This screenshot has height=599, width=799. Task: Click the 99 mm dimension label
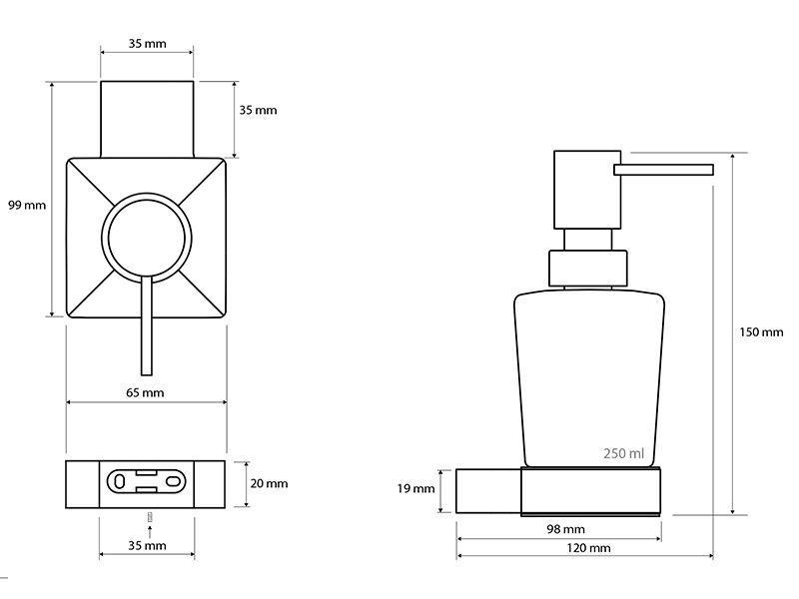[27, 206]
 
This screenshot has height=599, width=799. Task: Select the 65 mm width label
[145, 392]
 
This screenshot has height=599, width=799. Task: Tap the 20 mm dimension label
[269, 483]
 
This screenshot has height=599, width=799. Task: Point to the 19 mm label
[415, 489]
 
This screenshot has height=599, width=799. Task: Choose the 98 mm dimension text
[565, 529]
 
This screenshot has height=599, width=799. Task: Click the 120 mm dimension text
[588, 548]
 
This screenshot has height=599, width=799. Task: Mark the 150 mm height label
[761, 332]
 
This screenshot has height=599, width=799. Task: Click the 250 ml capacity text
[623, 453]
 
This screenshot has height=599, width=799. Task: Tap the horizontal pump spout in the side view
[663, 170]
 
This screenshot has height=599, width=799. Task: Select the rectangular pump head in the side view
[587, 190]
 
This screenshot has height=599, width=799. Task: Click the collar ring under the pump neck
[587, 268]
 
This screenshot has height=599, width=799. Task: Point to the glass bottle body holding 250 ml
[589, 378]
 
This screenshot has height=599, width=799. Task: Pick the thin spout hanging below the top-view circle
[147, 326]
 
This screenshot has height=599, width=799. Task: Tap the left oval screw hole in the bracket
[119, 481]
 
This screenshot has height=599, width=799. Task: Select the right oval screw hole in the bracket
[173, 481]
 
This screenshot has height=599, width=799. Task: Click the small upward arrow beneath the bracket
[149, 532]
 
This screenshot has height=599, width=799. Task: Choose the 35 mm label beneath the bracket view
[147, 545]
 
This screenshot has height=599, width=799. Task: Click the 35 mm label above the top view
[147, 44]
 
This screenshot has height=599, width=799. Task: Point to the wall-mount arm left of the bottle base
[488, 491]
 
